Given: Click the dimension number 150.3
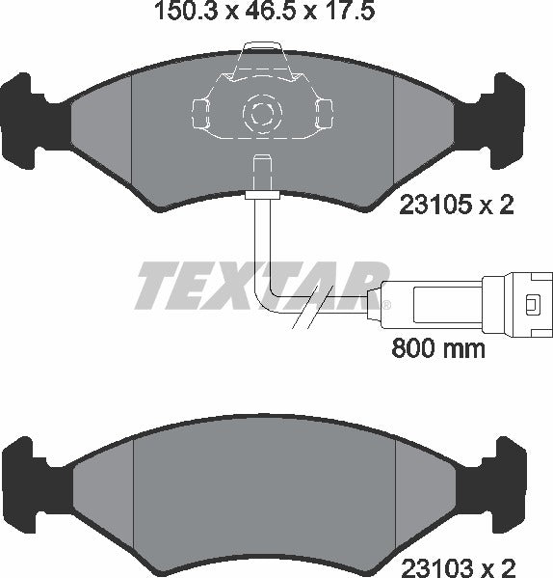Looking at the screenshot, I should coord(180,13).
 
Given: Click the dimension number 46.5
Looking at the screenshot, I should coord(276,13).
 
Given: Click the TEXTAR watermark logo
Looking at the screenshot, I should coord(260,285).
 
